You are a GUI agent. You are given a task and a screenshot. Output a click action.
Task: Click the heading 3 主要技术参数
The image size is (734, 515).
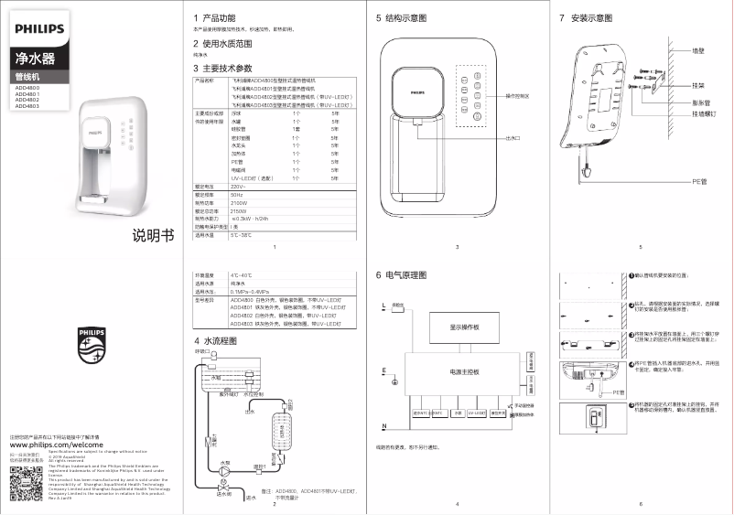(222, 69)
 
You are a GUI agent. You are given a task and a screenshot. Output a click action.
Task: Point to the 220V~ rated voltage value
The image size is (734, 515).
(239, 187)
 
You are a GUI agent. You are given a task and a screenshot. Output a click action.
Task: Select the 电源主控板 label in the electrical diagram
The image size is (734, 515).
(464, 372)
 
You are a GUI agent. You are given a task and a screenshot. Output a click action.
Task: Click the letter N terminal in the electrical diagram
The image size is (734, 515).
(384, 427)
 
